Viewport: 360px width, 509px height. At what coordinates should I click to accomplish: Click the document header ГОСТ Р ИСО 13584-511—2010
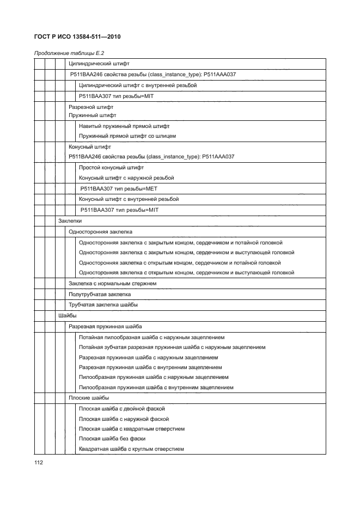pyautogui.click(x=77, y=37)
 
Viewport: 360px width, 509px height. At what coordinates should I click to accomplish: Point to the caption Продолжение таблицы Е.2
pyautogui.click(x=69, y=53)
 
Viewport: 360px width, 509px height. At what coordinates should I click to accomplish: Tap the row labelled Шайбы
pyautogui.click(x=68, y=315)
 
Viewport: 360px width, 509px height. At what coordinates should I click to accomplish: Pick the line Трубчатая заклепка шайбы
pyautogui.click(x=103, y=304)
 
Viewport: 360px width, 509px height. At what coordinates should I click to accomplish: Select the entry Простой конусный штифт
pyautogui.click(x=111, y=168)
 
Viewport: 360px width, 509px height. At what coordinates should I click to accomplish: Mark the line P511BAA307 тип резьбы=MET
pyautogui.click(x=118, y=188)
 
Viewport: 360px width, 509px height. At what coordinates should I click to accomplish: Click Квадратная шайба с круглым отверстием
pyautogui.click(x=131, y=449)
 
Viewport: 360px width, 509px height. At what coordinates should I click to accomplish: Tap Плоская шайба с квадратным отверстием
pyautogui.click(x=131, y=428)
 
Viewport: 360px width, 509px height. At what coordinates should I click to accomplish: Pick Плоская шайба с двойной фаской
pyautogui.click(x=121, y=408)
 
